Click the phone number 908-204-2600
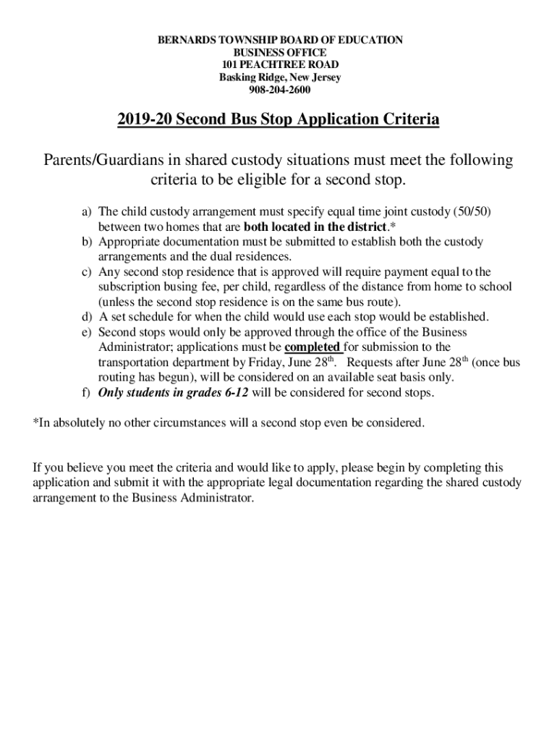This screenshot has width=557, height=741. tap(280, 90)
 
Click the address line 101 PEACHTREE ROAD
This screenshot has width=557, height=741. tap(280, 65)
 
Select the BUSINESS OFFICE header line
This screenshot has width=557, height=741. tap(280, 53)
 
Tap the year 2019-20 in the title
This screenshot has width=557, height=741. tap(143, 119)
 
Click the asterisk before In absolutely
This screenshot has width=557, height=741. tap(35, 423)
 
